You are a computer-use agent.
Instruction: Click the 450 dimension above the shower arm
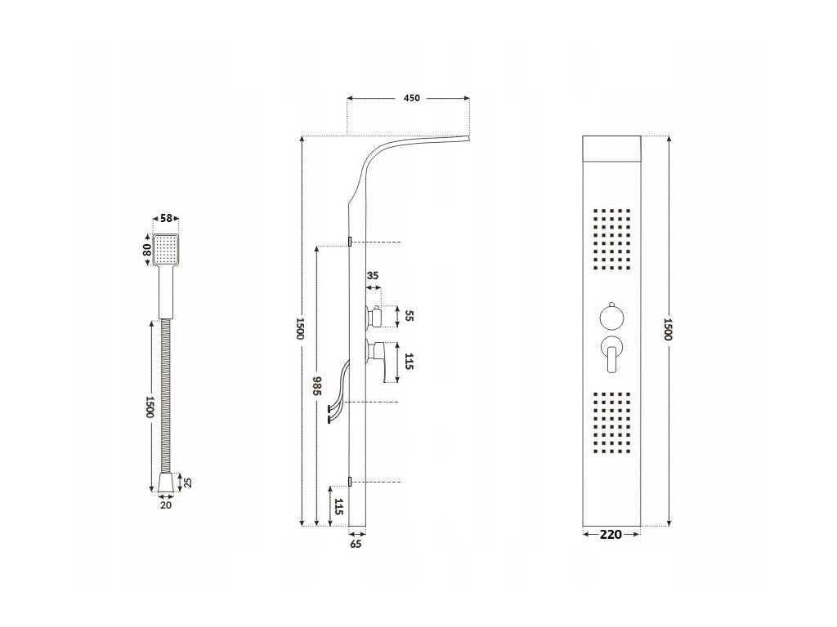[x=411, y=98]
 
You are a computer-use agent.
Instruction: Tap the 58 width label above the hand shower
[x=166, y=219]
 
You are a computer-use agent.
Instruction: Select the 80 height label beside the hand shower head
[x=148, y=248]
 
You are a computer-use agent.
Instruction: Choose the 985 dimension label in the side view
[x=316, y=385]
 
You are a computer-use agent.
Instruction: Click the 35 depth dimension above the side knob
[x=372, y=276]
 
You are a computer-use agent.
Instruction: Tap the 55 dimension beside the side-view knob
[x=410, y=316]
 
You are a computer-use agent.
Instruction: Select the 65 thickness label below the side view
[x=356, y=542]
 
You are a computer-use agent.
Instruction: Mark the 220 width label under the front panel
[x=611, y=535]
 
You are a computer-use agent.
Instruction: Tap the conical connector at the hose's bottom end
[x=166, y=482]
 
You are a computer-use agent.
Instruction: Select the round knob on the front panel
[x=611, y=317]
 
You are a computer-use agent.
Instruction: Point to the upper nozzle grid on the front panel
[x=611, y=242]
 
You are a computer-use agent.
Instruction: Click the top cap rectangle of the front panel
[x=611, y=148]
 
